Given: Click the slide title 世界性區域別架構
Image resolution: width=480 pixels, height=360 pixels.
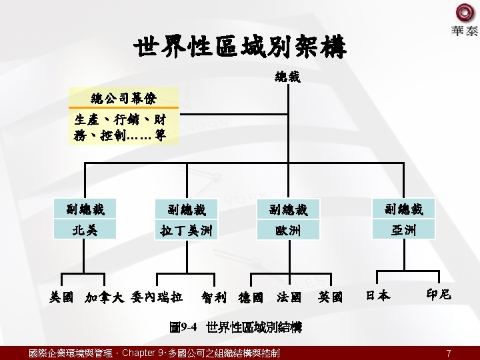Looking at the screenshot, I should (240, 48).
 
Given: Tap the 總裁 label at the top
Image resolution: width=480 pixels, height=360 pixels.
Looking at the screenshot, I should (287, 77).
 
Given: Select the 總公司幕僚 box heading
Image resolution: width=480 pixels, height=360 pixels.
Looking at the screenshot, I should (123, 99).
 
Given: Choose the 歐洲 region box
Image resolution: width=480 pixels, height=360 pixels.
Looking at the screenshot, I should (288, 231).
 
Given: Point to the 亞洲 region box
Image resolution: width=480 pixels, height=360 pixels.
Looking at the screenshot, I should (403, 230).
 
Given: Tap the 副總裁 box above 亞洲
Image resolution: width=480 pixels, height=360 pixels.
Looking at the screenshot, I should (403, 209).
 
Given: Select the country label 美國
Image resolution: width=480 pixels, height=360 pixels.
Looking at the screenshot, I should (62, 297).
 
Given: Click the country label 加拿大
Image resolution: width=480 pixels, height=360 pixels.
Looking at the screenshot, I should (105, 297).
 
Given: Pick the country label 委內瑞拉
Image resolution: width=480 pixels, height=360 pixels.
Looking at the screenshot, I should (157, 297).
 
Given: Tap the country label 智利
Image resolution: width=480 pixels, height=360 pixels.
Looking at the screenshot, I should (214, 297).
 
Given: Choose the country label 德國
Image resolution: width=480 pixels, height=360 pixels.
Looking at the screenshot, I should (251, 297).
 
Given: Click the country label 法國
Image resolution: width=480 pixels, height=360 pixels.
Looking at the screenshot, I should (289, 297).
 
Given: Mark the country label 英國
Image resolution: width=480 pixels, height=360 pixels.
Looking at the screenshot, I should (330, 297).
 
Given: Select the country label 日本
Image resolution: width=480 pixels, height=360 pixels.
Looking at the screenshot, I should (377, 295).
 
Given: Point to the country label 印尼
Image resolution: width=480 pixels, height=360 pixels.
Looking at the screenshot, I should (438, 294).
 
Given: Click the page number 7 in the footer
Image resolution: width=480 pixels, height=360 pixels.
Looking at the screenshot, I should (449, 353).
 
